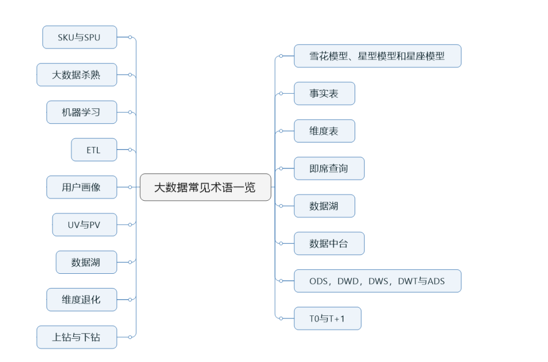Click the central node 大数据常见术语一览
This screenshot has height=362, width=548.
(205, 187)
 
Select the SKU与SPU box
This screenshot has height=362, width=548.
(80, 38)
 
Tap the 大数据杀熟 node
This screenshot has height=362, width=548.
(77, 75)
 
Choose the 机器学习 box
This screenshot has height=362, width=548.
(82, 113)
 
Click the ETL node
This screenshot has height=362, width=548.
(94, 150)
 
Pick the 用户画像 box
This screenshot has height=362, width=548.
(82, 188)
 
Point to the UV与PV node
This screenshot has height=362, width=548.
(85, 225)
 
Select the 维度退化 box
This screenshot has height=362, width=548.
(82, 300)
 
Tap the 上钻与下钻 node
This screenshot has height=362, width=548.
(77, 337)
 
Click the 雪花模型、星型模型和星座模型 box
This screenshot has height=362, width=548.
(377, 56)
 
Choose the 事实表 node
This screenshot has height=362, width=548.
(324, 94)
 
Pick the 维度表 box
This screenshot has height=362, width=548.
(324, 131)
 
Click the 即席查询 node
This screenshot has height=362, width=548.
(329, 169)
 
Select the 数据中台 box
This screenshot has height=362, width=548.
(329, 244)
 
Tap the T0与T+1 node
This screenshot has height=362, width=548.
(327, 319)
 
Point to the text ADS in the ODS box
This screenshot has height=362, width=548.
(436, 281)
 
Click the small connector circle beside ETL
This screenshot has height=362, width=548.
(130, 150)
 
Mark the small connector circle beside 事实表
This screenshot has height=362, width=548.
(281, 94)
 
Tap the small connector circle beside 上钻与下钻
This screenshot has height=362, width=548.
(130, 337)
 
